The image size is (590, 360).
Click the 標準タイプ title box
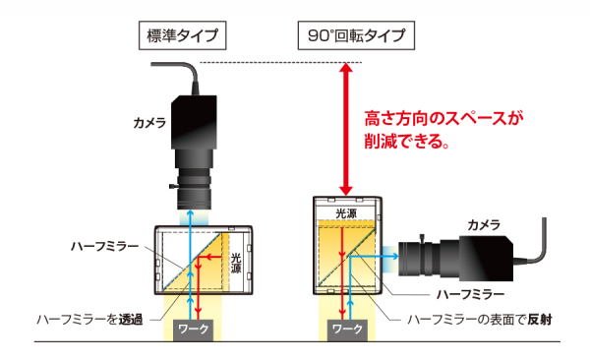tap(183, 35)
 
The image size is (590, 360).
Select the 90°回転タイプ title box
tap(356, 35)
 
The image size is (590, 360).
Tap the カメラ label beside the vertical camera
tap(149, 123)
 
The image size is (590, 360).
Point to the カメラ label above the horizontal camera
tap(484, 225)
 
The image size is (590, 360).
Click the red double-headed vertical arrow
tap(346, 129)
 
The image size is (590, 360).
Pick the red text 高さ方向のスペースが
tap(444, 118)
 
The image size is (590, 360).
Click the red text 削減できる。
tap(407, 142)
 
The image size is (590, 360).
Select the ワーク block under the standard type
tap(194, 330)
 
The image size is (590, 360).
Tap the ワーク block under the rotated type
tap(347, 330)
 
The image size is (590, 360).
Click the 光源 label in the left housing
tap(236, 264)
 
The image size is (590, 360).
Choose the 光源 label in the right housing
tap(346, 213)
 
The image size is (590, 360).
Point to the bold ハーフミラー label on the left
tap(105, 247)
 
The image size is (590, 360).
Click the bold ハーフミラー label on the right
tap(470, 294)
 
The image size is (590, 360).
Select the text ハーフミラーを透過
tap(89, 320)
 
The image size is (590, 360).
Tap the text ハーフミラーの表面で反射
tap(480, 320)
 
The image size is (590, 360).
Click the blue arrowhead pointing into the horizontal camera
tap(395, 256)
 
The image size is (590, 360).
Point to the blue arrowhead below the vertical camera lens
tap(191, 213)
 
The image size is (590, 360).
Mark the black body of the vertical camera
tap(194, 122)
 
